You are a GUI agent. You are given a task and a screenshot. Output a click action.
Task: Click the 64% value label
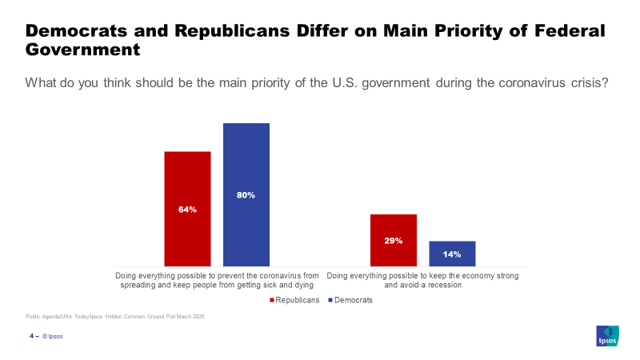tap(187, 210)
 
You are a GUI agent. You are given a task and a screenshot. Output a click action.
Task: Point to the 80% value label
tap(246, 195)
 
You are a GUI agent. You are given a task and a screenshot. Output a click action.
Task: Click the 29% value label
tap(393, 241)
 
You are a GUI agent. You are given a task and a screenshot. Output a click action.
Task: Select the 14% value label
tap(452, 254)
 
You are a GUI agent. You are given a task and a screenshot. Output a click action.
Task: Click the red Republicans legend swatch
tap(271, 301)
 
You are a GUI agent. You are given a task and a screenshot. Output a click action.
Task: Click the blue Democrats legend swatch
tap(330, 301)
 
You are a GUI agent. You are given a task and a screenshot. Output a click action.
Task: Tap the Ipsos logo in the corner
tap(608, 337)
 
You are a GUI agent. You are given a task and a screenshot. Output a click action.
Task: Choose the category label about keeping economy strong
tap(422, 280)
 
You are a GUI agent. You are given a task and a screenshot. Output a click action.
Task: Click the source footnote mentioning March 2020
tap(115, 318)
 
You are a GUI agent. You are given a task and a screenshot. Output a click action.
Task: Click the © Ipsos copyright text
tap(53, 337)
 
